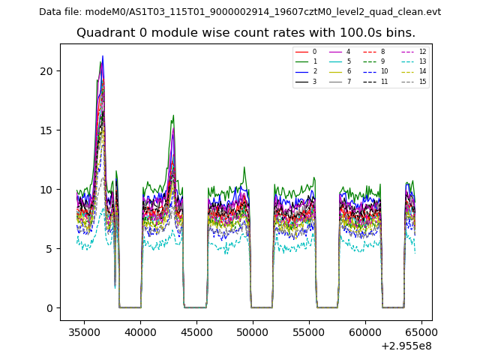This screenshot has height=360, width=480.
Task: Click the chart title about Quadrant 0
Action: coord(245,33)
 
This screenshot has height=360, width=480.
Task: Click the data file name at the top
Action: coord(240,12)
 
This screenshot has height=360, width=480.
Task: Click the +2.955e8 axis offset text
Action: coord(406,346)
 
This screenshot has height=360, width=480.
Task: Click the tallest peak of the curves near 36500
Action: coord(103,56)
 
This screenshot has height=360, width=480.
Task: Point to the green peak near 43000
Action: coord(173,116)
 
